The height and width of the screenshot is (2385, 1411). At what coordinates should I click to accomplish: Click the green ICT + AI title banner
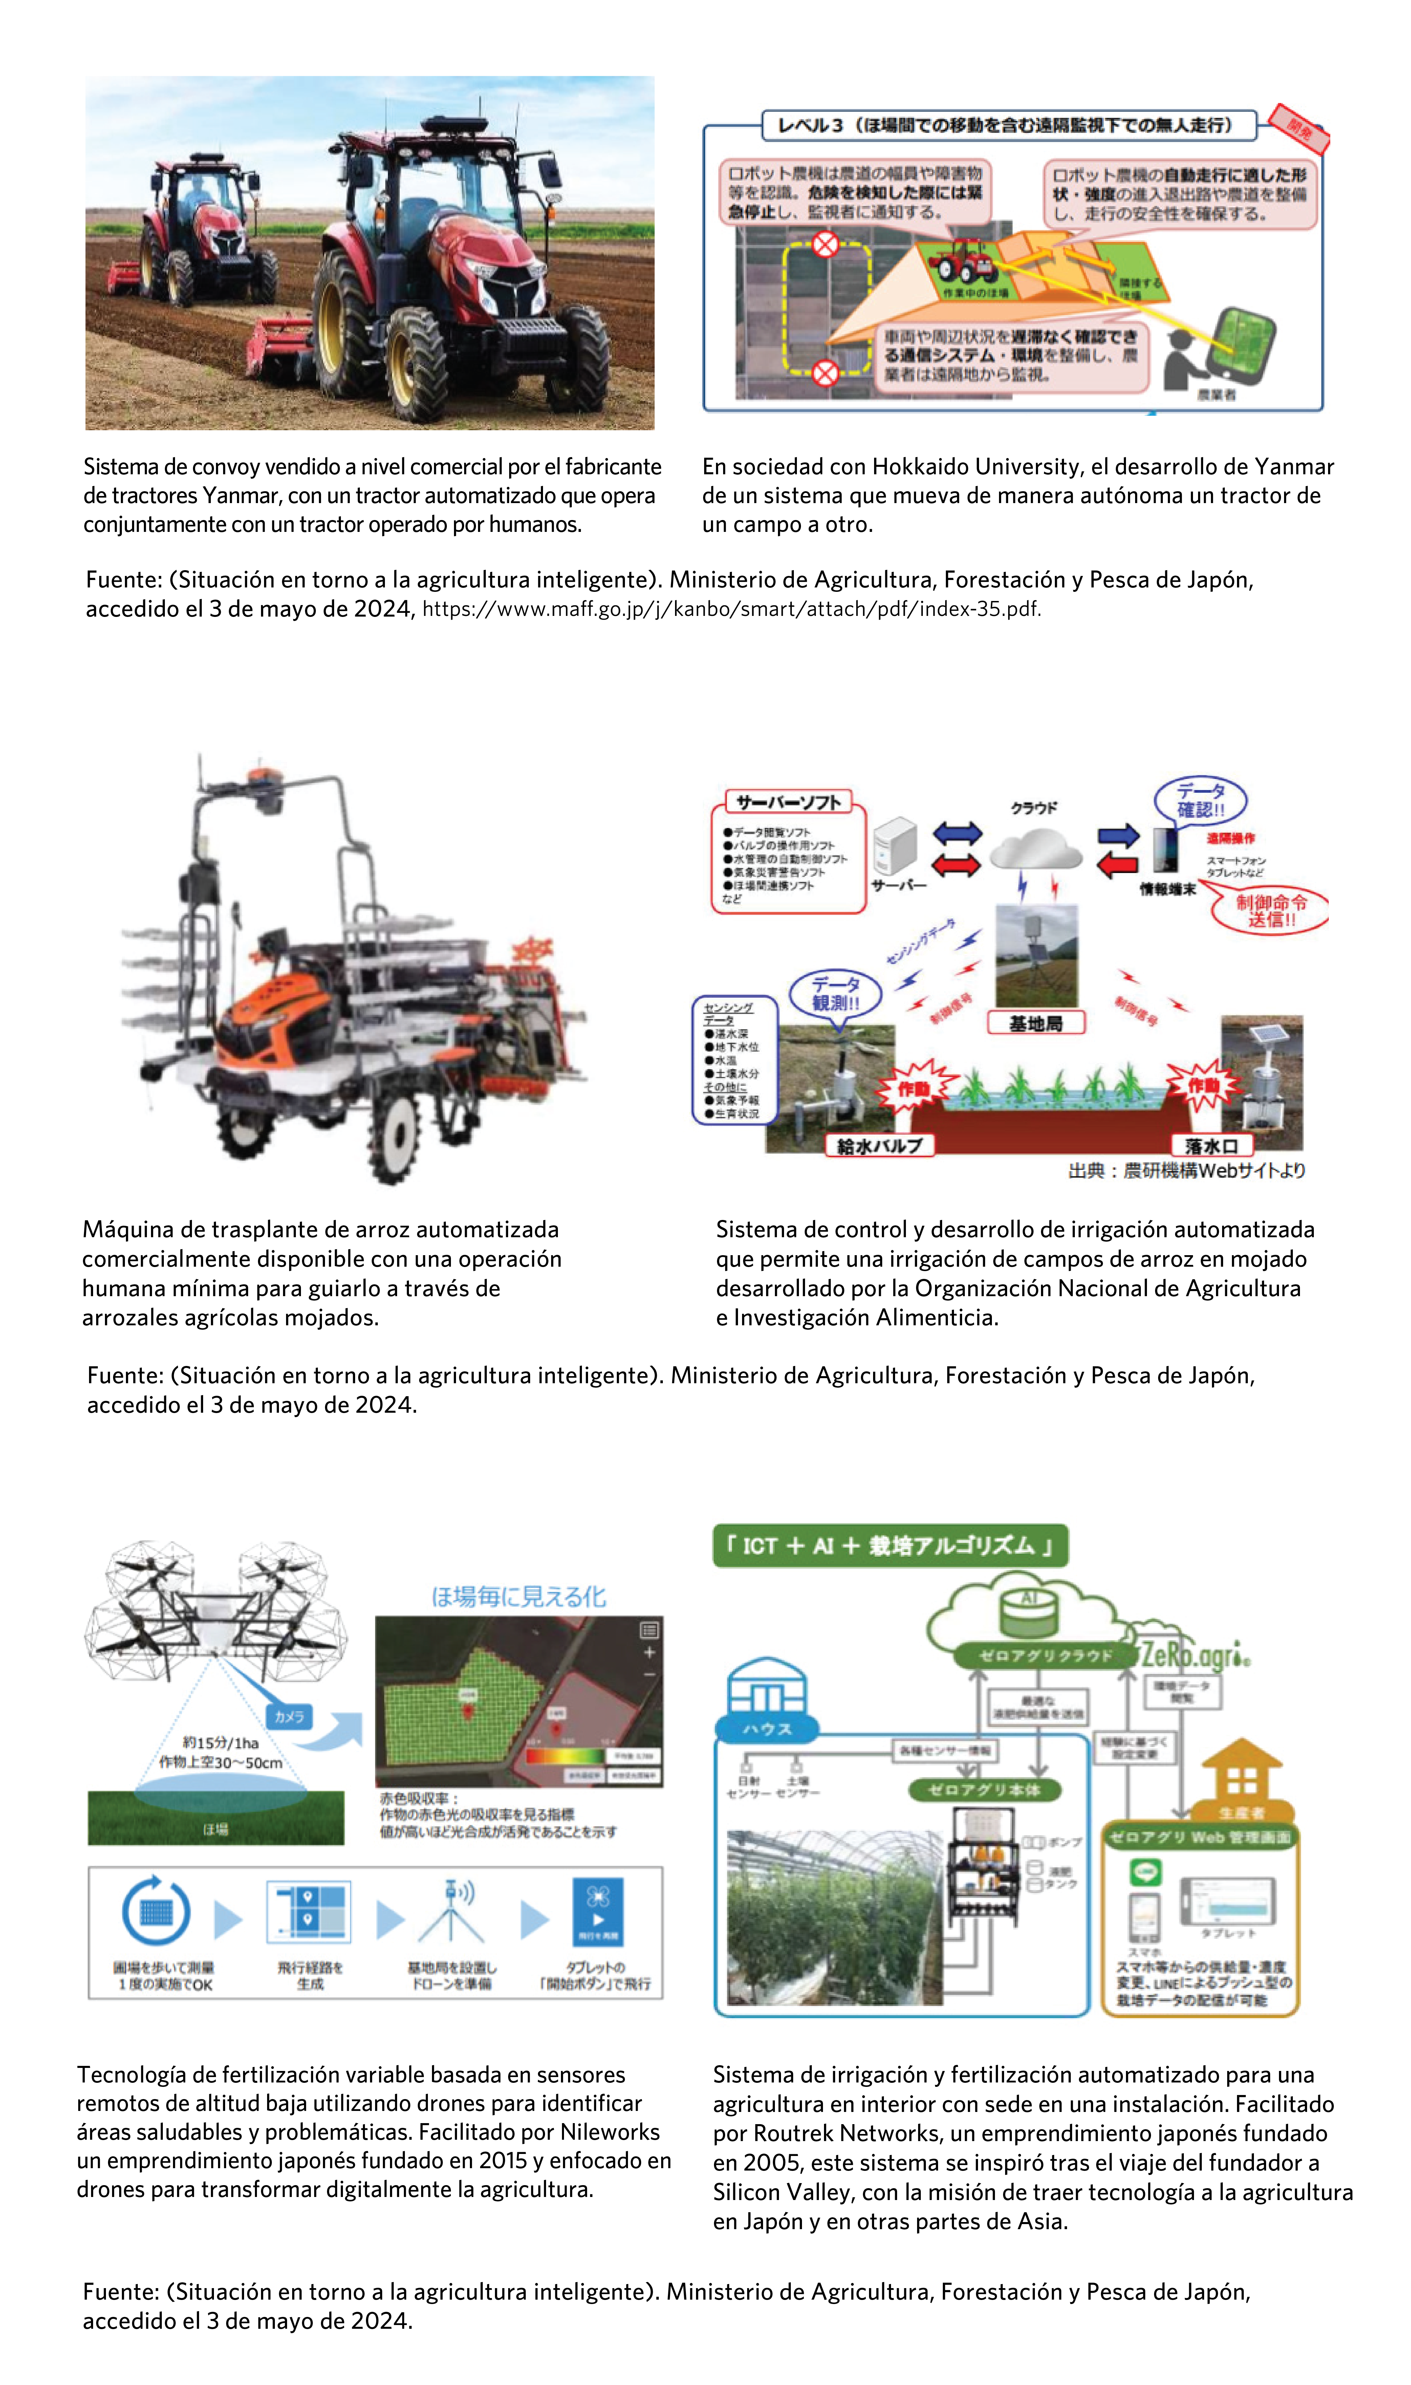890,1546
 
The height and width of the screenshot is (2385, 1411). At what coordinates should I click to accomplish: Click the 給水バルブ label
880,1145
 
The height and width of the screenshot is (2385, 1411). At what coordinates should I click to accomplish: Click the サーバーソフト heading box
788,802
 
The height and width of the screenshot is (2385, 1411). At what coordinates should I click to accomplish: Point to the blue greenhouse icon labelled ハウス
766,1695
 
